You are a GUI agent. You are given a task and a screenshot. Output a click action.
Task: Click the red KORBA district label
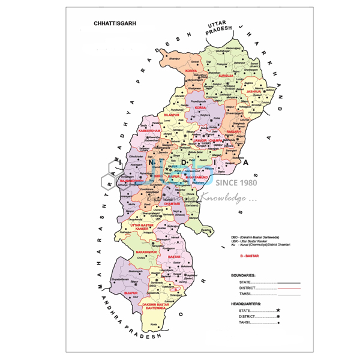(x=200, y=107)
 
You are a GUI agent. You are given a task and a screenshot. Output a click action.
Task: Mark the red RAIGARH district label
(x=233, y=130)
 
